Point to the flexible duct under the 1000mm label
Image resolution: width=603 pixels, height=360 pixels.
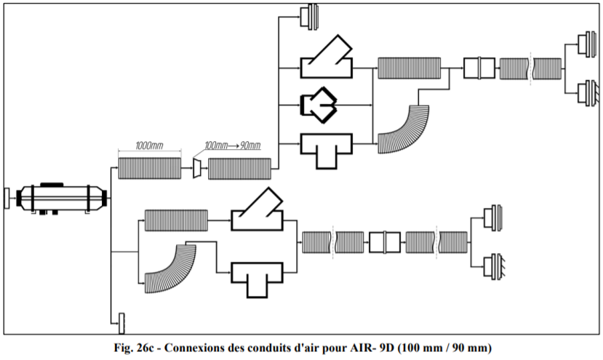(x=149, y=169)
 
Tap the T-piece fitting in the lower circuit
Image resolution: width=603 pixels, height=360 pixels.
(x=258, y=276)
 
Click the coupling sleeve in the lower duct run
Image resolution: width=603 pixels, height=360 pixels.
(x=386, y=241)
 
